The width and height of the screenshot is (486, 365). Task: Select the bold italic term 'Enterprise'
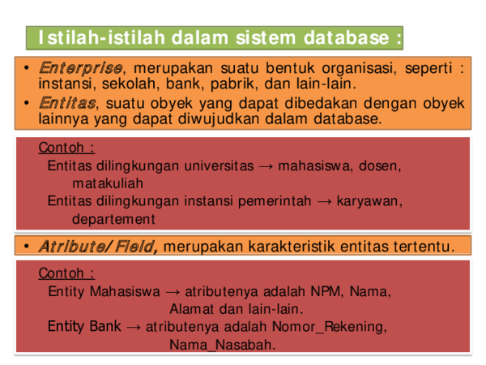pyautogui.click(x=81, y=67)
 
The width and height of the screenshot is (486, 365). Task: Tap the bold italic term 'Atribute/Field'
pyautogui.click(x=98, y=246)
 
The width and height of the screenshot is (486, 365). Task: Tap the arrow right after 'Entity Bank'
pyautogui.click(x=134, y=327)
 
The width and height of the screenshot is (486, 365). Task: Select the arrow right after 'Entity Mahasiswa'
pyautogui.click(x=173, y=291)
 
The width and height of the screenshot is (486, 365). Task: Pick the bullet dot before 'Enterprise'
pyautogui.click(x=27, y=67)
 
